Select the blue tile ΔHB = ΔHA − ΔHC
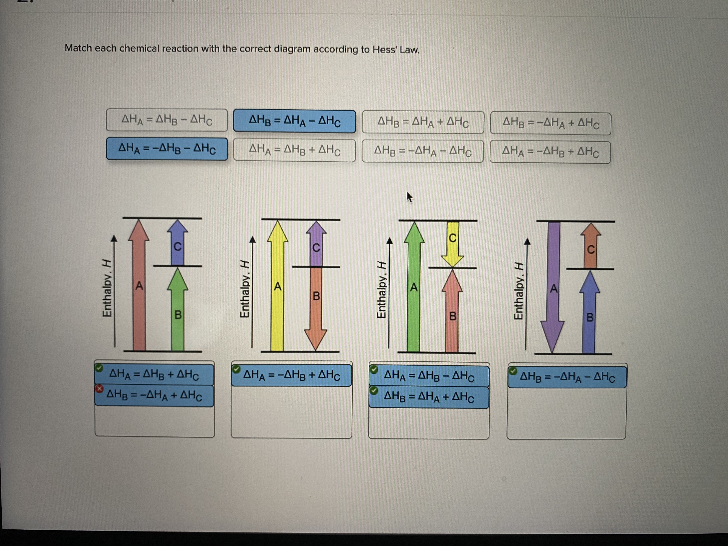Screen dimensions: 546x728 coord(294,121)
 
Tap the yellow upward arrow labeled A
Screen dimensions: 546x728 coord(277,286)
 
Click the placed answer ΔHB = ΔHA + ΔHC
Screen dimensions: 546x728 coord(429,398)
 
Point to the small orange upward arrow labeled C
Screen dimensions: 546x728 coord(590,247)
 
